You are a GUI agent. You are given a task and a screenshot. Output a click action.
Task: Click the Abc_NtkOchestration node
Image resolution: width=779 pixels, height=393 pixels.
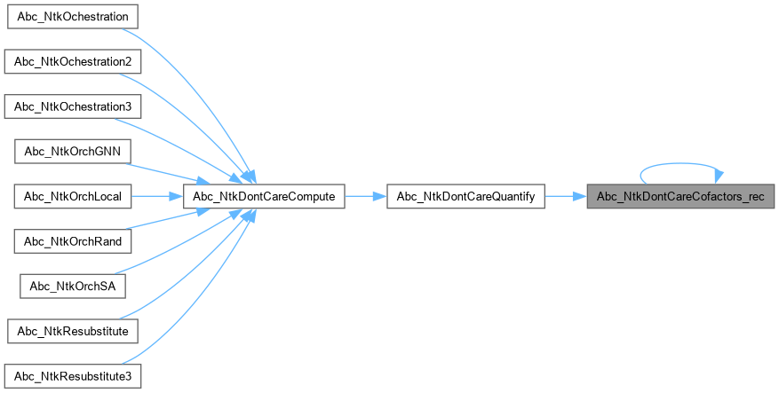pos(71,17)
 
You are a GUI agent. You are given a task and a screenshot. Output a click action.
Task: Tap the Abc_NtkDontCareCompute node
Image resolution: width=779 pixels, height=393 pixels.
pos(263,196)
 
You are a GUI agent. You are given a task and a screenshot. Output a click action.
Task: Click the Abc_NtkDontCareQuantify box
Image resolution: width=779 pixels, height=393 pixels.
pos(465,196)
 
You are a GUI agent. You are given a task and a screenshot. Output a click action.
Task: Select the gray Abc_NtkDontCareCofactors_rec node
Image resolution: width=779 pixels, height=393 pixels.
pos(680,196)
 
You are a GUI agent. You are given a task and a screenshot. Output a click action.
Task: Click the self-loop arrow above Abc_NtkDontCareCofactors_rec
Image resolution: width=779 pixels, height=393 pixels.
pos(680,164)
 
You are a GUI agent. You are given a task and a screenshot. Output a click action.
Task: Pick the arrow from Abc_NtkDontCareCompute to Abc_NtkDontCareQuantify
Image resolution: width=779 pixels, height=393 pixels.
pos(365,196)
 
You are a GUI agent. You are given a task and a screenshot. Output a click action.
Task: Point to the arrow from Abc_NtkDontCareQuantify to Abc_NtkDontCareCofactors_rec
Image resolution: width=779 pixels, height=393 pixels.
pos(564,196)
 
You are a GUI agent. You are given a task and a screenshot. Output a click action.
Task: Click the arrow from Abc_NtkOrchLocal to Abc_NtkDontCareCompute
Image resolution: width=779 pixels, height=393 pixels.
pos(158,196)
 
